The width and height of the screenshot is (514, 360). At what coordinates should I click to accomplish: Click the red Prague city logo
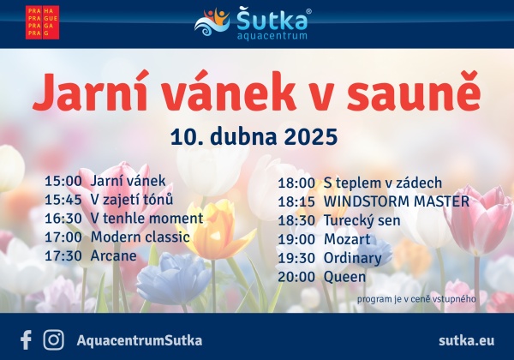[42, 22]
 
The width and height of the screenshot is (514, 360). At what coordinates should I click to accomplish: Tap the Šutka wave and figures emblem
[212, 22]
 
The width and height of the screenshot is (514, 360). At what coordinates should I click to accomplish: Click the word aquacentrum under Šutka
[272, 36]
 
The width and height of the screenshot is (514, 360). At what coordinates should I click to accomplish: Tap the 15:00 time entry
[63, 181]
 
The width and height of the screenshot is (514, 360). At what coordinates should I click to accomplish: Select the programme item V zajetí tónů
[131, 200]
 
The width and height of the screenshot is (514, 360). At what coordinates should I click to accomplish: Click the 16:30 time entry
[63, 219]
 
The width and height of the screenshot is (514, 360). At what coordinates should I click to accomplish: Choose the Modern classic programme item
[140, 237]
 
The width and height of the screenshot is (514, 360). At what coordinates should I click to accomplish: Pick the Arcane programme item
[113, 255]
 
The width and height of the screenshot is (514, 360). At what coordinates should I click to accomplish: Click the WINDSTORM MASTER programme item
[397, 201]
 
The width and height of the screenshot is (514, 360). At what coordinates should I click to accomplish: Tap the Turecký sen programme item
[362, 220]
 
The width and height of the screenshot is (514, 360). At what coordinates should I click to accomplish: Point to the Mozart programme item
[347, 239]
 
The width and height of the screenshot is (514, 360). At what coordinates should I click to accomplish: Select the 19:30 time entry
[296, 258]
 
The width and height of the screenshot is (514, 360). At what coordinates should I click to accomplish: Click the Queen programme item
[344, 277]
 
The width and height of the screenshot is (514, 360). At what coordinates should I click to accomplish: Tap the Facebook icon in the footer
[26, 340]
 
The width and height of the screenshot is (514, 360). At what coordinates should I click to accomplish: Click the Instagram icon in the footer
[53, 340]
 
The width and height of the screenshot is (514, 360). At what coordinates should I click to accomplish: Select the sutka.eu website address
[467, 340]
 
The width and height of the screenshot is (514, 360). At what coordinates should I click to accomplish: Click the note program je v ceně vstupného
[416, 299]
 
